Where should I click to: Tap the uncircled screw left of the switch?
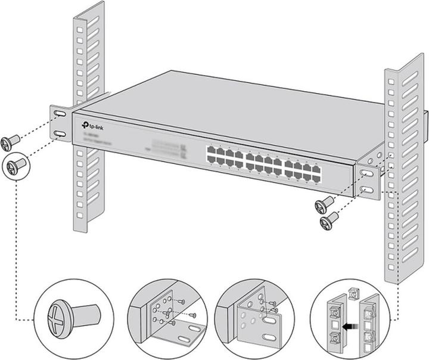pyautogui.click(x=10, y=142)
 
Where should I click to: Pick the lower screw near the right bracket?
pyautogui.click(x=328, y=223)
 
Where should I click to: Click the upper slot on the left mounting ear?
pyautogui.click(x=60, y=113)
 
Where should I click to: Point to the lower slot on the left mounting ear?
pyautogui.click(x=60, y=134)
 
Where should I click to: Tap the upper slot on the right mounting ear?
pyautogui.click(x=367, y=173)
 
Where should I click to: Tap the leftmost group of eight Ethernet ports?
pyautogui.click(x=225, y=158)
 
